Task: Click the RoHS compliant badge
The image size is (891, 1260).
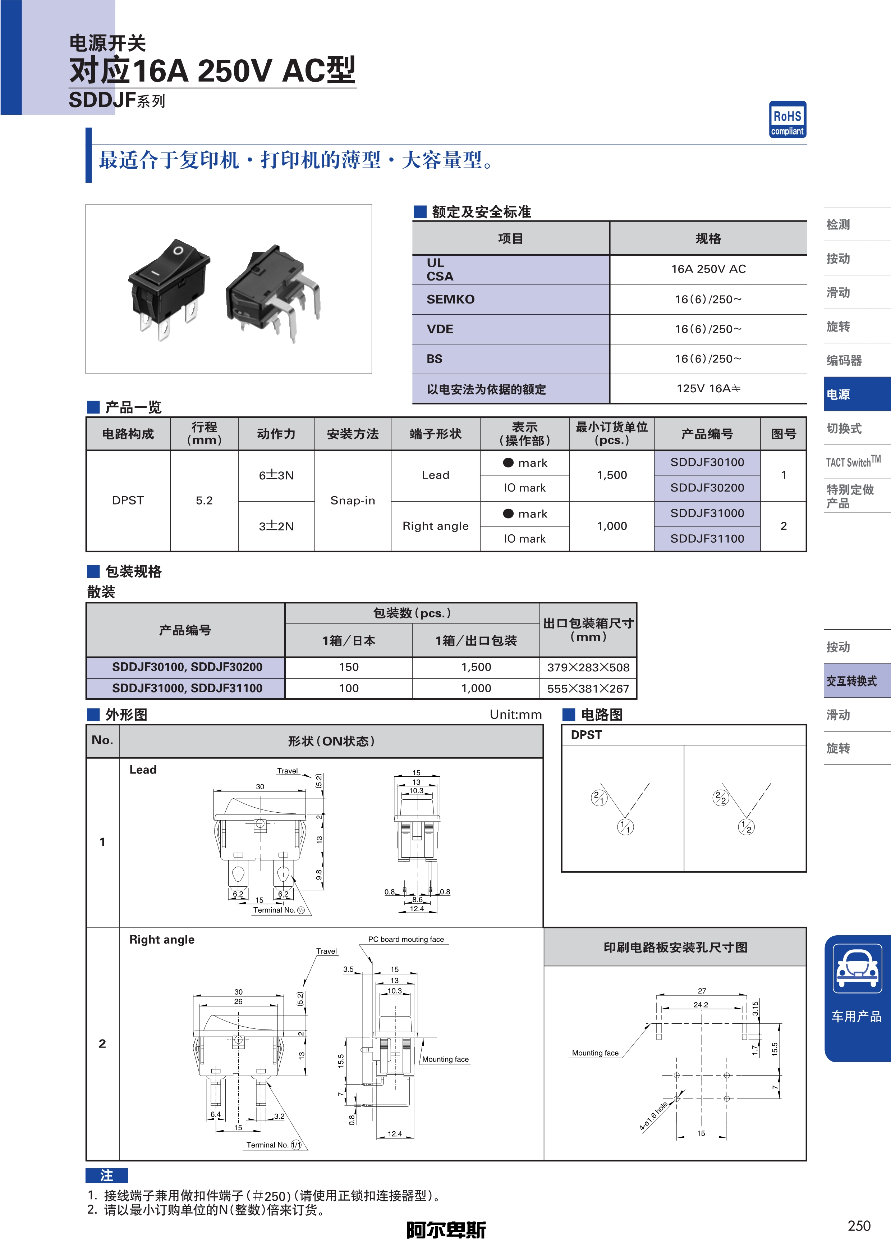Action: pyautogui.click(x=787, y=119)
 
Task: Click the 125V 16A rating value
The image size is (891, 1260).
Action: pyautogui.click(x=708, y=389)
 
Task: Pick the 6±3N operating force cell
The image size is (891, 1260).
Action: pyautogui.click(x=276, y=475)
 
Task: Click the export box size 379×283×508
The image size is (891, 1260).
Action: pyautogui.click(x=588, y=667)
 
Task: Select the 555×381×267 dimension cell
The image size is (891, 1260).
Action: pyautogui.click(x=588, y=689)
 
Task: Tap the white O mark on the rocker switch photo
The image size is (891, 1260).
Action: pyautogui.click(x=178, y=251)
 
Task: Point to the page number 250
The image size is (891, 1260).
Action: pyautogui.click(x=859, y=1226)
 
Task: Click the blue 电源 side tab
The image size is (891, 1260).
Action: pyautogui.click(x=857, y=394)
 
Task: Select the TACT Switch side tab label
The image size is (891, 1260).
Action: pyautogui.click(x=853, y=461)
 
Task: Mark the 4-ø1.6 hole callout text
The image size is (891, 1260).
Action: pyautogui.click(x=653, y=1116)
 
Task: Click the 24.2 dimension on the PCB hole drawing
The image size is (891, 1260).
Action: pyautogui.click(x=701, y=1005)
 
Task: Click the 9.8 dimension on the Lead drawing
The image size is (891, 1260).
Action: pyautogui.click(x=319, y=875)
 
